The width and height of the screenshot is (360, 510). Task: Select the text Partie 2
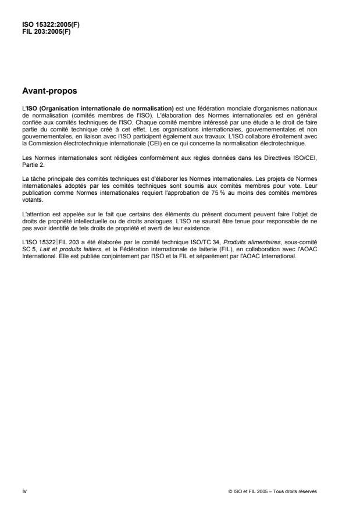point(31,153)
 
